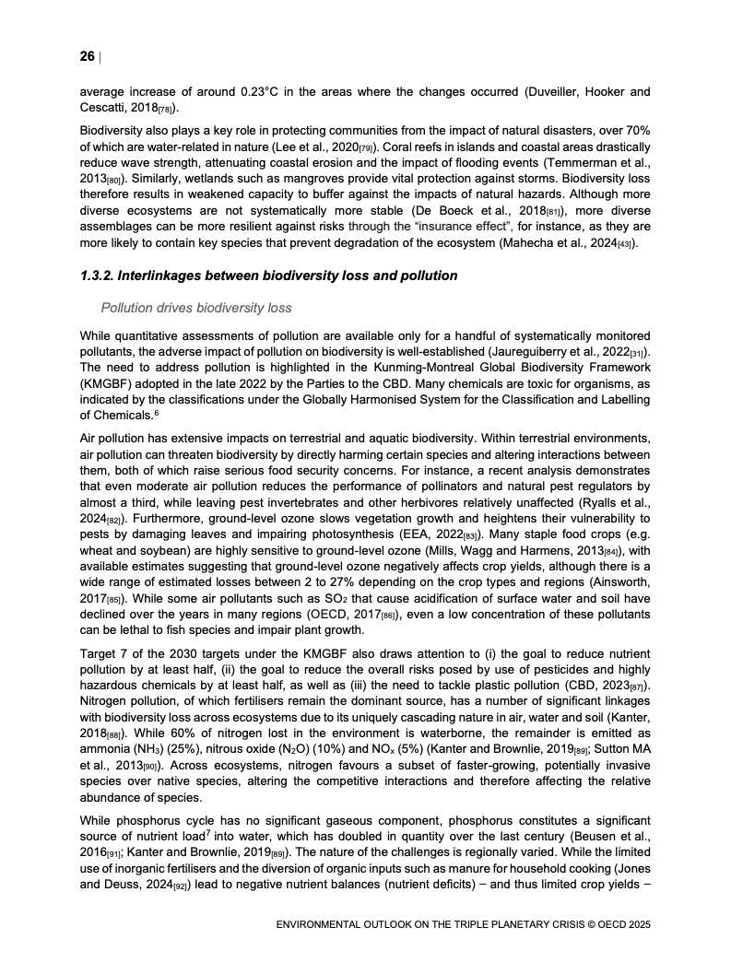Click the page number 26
click(x=87, y=57)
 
